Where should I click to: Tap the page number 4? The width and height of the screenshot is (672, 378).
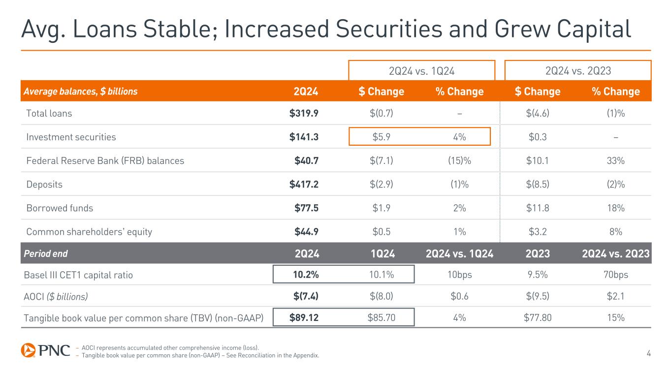[x=648, y=352]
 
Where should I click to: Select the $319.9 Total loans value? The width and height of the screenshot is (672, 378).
[x=304, y=113]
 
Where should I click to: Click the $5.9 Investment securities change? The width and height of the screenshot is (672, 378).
[x=382, y=137]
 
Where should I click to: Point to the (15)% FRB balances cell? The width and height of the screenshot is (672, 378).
[x=459, y=160]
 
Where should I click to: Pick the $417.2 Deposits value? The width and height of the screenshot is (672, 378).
[x=304, y=184]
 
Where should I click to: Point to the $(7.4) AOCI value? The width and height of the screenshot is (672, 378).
[x=305, y=296]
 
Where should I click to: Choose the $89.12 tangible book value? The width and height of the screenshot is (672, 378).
[x=303, y=318]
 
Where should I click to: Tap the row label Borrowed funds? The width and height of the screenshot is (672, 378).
[x=60, y=208]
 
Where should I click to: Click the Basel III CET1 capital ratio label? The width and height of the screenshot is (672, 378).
[x=78, y=275]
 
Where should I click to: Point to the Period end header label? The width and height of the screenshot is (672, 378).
[x=46, y=253]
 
